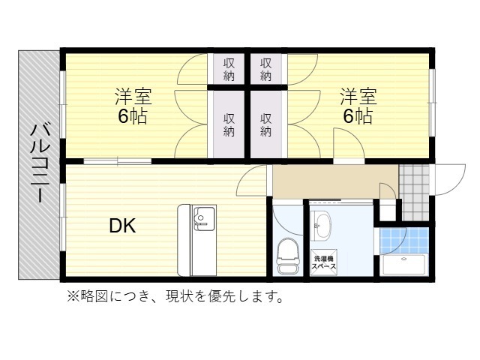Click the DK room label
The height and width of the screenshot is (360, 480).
pos(122,226)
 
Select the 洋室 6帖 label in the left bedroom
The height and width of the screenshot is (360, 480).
pos(133,106)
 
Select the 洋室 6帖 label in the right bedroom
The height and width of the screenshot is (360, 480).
pos(358,106)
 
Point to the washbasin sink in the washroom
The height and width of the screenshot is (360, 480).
pos(323,224)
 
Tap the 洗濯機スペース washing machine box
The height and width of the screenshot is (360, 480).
pos(324,263)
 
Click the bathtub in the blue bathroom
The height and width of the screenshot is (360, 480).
pos(403,265)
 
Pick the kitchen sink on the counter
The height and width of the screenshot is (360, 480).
pos(202,218)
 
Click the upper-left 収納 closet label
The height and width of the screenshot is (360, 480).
pos(229,70)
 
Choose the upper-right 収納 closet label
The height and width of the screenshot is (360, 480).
pos(267,70)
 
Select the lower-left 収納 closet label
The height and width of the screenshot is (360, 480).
pos(229,124)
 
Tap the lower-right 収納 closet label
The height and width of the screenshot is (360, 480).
pos(267,124)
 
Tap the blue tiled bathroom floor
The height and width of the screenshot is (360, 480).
pos(403,239)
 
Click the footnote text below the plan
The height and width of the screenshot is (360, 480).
pos(175,297)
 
